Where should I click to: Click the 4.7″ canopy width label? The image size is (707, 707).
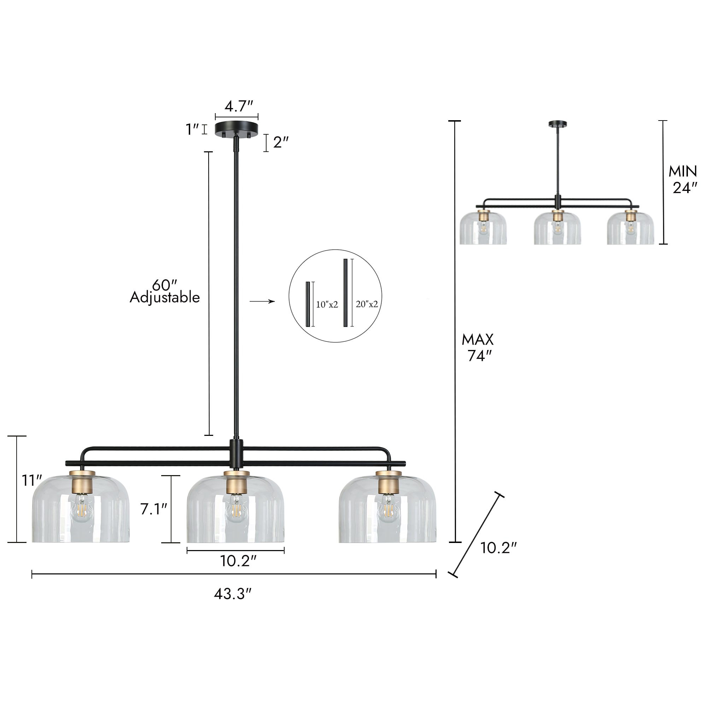[239, 106]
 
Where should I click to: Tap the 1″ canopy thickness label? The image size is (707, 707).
[192, 129]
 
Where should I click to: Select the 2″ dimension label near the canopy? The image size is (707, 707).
[281, 142]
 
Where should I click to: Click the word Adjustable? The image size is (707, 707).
[165, 297]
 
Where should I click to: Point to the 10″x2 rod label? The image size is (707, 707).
[327, 304]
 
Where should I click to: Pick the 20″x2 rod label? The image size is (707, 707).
[367, 304]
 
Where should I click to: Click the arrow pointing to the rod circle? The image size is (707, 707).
[262, 301]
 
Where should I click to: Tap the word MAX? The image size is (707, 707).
[478, 340]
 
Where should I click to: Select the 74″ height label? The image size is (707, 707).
[480, 356]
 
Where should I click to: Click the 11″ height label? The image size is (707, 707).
[32, 480]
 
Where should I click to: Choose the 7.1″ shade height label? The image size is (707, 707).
[154, 509]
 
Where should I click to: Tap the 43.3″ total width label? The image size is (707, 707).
[233, 594]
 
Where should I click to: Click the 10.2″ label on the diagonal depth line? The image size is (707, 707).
[498, 548]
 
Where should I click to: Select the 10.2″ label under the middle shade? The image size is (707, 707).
[238, 561]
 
